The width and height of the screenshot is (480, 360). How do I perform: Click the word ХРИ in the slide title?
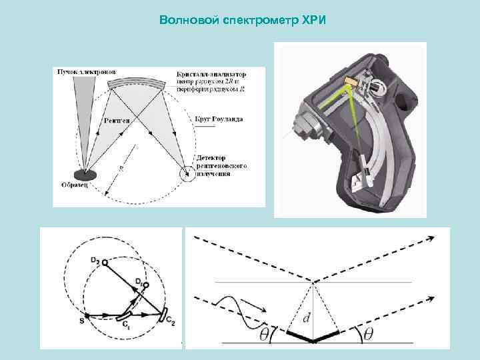[311, 19]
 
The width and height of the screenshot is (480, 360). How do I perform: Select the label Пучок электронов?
[87, 71]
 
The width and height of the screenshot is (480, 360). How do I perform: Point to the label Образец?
[74, 185]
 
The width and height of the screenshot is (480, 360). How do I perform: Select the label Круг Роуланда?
[219, 119]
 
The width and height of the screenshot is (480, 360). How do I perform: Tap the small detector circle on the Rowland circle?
[187, 175]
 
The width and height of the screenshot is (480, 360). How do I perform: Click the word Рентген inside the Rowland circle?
[117, 121]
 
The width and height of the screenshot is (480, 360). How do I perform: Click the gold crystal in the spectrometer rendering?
[350, 81]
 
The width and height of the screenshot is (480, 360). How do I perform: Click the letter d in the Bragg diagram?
[306, 319]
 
